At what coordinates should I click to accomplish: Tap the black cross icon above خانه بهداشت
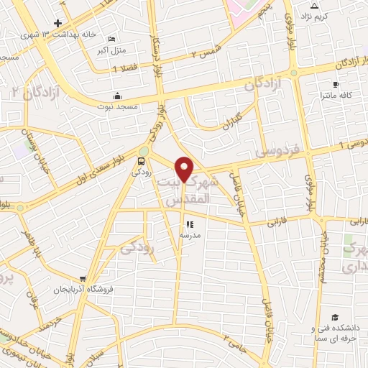pos(57,23)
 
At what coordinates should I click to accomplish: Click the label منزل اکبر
pos(111,51)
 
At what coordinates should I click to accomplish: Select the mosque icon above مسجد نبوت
pos(117,96)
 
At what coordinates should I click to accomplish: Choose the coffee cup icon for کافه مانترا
pos(335,84)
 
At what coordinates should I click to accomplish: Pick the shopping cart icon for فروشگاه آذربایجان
pos(85,279)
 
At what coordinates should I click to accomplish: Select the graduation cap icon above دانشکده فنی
pos(334,317)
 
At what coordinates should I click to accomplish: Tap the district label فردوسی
pos(280,151)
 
